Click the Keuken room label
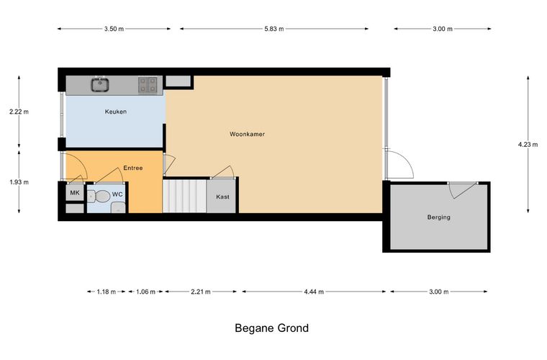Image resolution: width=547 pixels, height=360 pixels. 116,112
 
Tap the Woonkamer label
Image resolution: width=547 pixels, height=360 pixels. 247,134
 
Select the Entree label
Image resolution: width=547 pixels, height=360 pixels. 133,168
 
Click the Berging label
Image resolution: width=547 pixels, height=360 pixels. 438,217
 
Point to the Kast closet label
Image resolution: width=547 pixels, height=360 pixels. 222,197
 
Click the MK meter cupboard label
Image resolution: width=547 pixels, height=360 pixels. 75,192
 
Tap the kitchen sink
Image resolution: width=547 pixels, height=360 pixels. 100,85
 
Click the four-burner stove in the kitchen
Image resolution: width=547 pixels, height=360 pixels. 148,85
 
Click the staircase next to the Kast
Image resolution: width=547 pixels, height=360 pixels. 184,196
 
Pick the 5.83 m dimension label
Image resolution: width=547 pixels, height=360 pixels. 273,29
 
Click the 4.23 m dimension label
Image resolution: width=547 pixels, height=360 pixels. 528,145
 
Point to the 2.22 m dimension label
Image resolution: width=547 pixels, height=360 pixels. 19,112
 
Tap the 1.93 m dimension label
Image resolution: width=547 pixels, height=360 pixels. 19,181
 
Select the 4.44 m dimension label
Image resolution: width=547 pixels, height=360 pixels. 314,292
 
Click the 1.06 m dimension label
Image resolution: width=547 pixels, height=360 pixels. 145,292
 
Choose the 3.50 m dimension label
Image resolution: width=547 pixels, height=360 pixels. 114,29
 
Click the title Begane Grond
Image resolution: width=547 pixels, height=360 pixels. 272,328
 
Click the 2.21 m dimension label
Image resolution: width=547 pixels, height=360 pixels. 201,292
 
